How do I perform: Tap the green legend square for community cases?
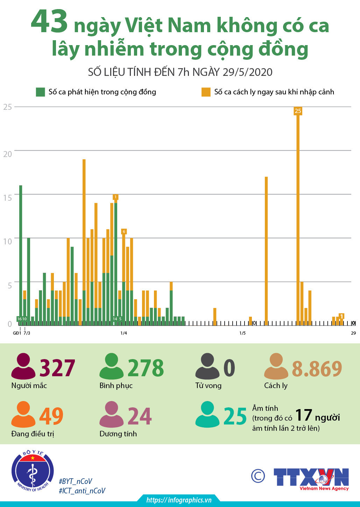[x=41, y=92]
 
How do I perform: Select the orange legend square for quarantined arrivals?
[x=206, y=92]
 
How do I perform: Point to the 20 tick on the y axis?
[x=8, y=154]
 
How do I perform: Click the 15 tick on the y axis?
[x=8, y=198]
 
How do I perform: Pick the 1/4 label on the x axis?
[x=123, y=333]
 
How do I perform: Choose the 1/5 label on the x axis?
[x=242, y=333]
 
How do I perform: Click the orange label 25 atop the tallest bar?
[x=298, y=111]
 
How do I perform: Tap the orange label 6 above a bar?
[x=124, y=231]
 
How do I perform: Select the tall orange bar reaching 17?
[x=266, y=250]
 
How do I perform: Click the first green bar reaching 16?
[x=21, y=252]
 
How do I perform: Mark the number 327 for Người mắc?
[x=57, y=368]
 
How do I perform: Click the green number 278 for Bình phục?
[x=146, y=368]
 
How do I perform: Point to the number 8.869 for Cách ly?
[x=317, y=369]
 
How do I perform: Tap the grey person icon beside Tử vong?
[x=207, y=366]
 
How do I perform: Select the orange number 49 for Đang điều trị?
[x=51, y=416]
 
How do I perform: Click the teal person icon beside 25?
[x=207, y=415]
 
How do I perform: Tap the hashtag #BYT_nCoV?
[x=76, y=481]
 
